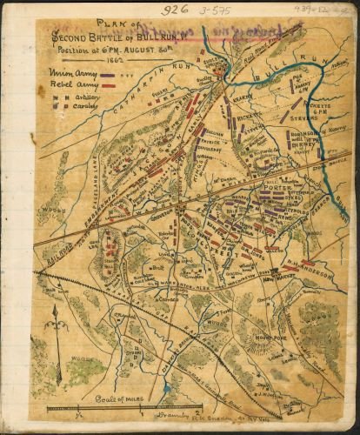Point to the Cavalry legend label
click(x=83, y=109)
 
